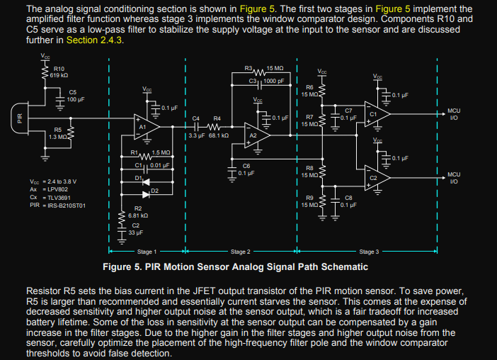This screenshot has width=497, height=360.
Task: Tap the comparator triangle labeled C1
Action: [x=375, y=113]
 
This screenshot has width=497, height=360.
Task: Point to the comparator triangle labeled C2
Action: [x=375, y=177]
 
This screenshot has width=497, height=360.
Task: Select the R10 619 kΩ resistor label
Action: [x=59, y=71]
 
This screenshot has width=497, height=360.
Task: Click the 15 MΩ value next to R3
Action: [x=275, y=67]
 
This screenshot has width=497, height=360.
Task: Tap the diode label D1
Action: [x=138, y=176]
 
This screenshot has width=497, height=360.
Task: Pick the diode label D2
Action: [x=155, y=191]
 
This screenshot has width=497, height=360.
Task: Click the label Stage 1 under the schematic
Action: [x=147, y=252]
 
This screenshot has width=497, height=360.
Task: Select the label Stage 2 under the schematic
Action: [x=240, y=252]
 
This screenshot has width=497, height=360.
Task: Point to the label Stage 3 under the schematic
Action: [x=368, y=252]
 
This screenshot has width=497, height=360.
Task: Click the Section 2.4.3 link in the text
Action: [x=95, y=40]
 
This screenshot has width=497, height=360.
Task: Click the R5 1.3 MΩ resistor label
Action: [x=57, y=133]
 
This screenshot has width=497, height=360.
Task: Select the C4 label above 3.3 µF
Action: [x=196, y=118]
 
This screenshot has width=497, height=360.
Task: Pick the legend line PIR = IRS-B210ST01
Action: [x=57, y=206]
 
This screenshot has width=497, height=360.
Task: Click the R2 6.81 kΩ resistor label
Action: [x=137, y=211]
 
